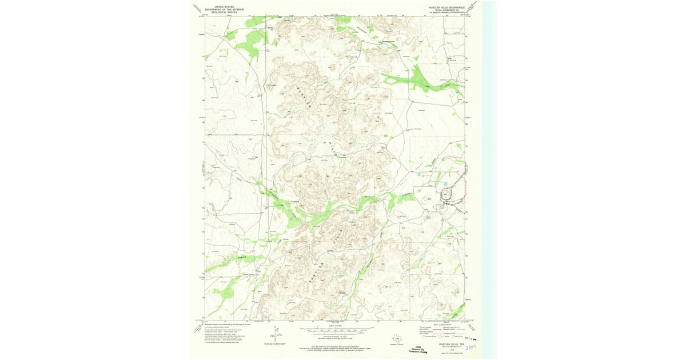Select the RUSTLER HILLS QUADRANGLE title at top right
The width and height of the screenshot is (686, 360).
(448, 7)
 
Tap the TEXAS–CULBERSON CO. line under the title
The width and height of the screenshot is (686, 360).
(448, 10)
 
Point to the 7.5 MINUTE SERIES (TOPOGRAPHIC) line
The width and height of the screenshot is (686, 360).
(448, 13)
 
